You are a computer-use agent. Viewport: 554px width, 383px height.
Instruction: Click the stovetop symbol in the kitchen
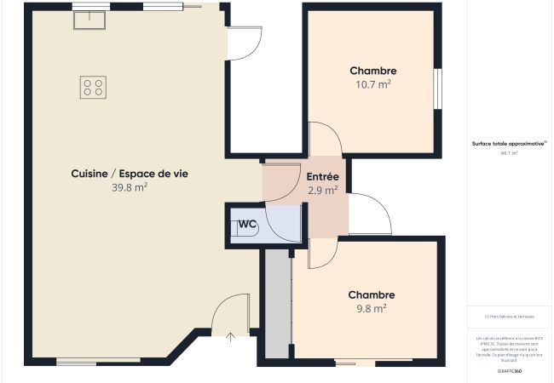point(94,86)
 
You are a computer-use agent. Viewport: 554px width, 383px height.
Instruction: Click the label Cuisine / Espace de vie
point(130,174)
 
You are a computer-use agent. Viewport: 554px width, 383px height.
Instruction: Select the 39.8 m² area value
point(130,187)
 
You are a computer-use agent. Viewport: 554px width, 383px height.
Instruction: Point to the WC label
point(248,224)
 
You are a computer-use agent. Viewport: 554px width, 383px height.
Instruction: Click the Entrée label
point(323,177)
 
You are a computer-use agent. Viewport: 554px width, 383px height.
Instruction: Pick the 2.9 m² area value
point(323,191)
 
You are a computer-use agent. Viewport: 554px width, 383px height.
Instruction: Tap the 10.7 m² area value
point(373,84)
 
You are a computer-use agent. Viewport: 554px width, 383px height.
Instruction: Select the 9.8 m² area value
point(371,308)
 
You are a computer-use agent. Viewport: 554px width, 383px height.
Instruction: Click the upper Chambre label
point(373,71)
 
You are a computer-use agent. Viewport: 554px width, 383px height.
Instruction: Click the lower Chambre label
point(371,294)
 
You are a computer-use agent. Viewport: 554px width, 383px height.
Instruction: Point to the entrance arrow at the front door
point(230,338)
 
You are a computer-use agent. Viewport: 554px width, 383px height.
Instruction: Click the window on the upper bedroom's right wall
point(438,89)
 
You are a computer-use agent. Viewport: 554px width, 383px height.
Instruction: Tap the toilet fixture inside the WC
point(236,228)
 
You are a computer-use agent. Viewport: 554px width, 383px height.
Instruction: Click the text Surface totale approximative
point(509,144)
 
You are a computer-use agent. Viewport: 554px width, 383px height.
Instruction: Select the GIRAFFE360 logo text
point(510,371)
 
